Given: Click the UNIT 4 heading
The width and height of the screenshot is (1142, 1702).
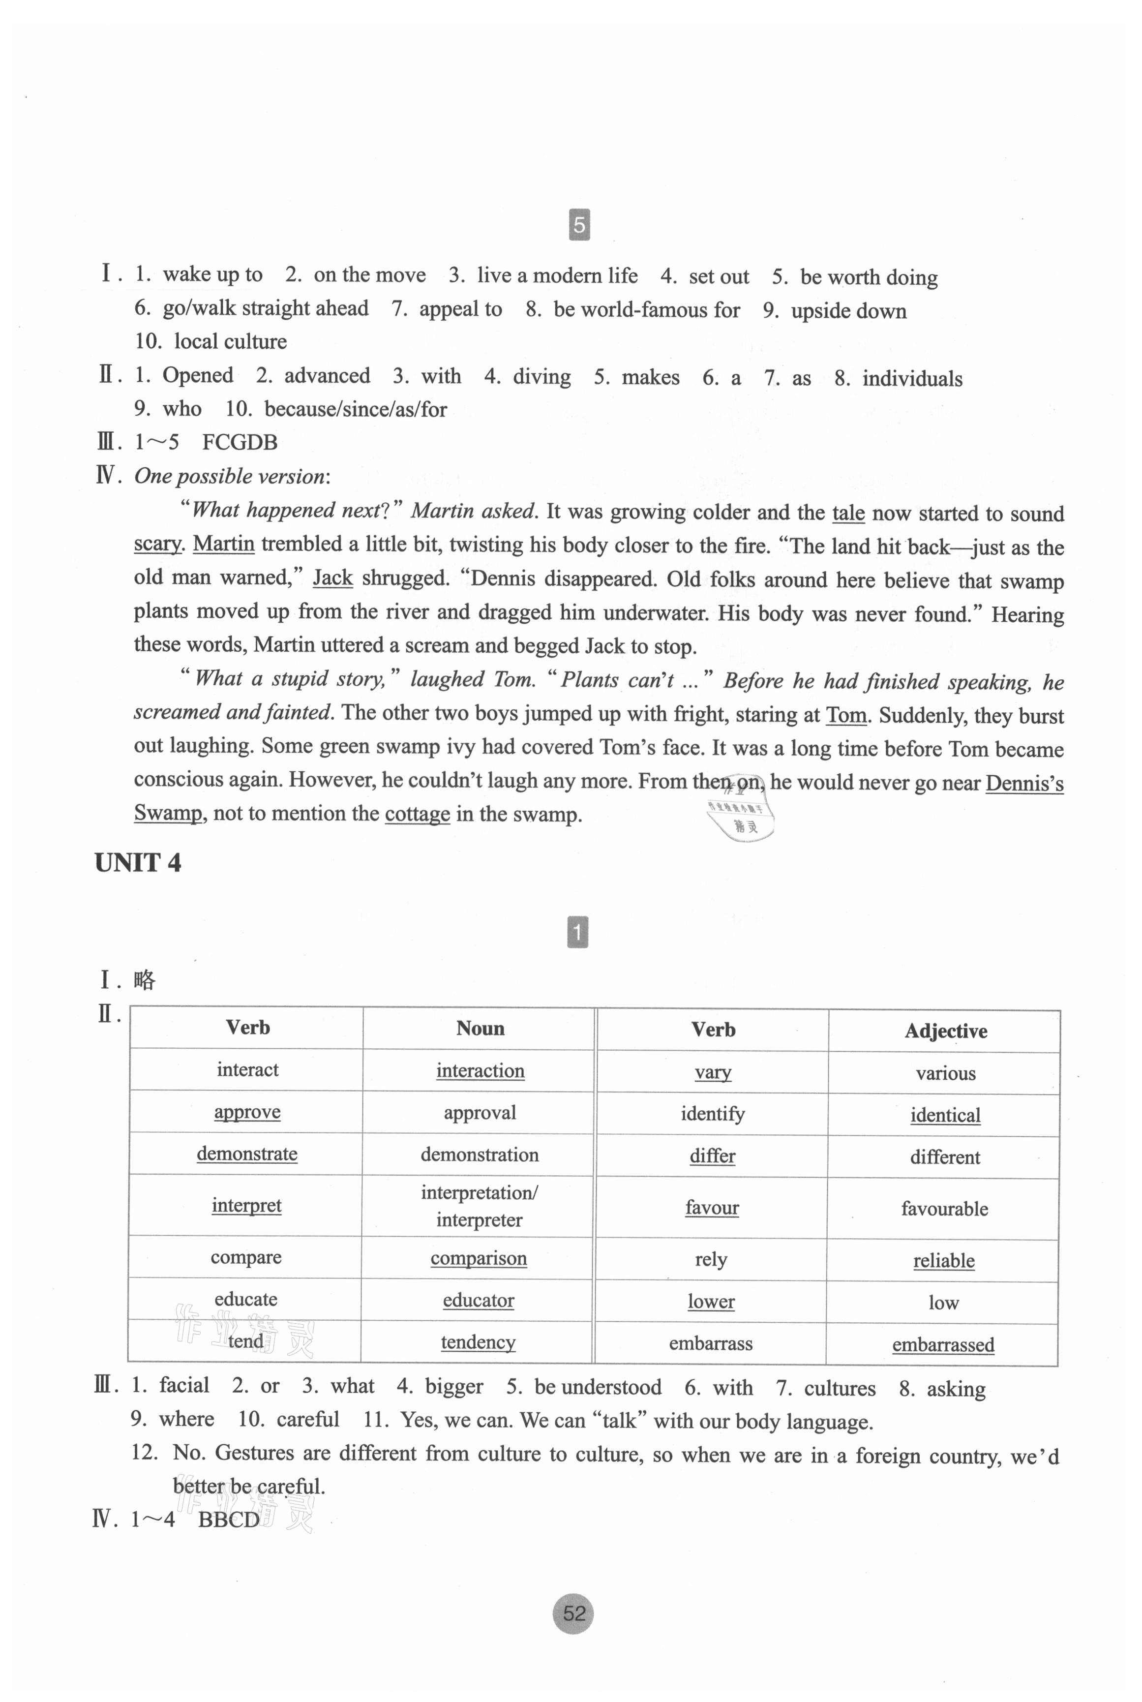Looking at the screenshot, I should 138,863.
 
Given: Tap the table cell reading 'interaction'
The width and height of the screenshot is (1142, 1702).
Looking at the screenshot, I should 480,1070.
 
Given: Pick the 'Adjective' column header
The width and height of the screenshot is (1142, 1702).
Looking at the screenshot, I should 945,1031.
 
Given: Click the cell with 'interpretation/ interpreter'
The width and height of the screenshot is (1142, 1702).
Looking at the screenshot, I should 479,1206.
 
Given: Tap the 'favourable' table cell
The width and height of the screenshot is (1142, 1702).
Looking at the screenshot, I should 944,1209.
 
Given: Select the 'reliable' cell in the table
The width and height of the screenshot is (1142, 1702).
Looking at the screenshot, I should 943,1261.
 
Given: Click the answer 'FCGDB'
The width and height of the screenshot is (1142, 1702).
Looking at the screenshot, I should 240,442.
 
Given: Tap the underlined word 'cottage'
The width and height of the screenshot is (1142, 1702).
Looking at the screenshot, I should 418,814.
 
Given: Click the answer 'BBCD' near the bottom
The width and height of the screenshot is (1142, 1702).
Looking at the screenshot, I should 229,1520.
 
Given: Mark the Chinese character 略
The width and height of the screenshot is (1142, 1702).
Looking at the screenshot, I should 144,980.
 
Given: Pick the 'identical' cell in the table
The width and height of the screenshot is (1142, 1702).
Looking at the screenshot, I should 945,1115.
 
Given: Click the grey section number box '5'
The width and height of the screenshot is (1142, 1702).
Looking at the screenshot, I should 579,224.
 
